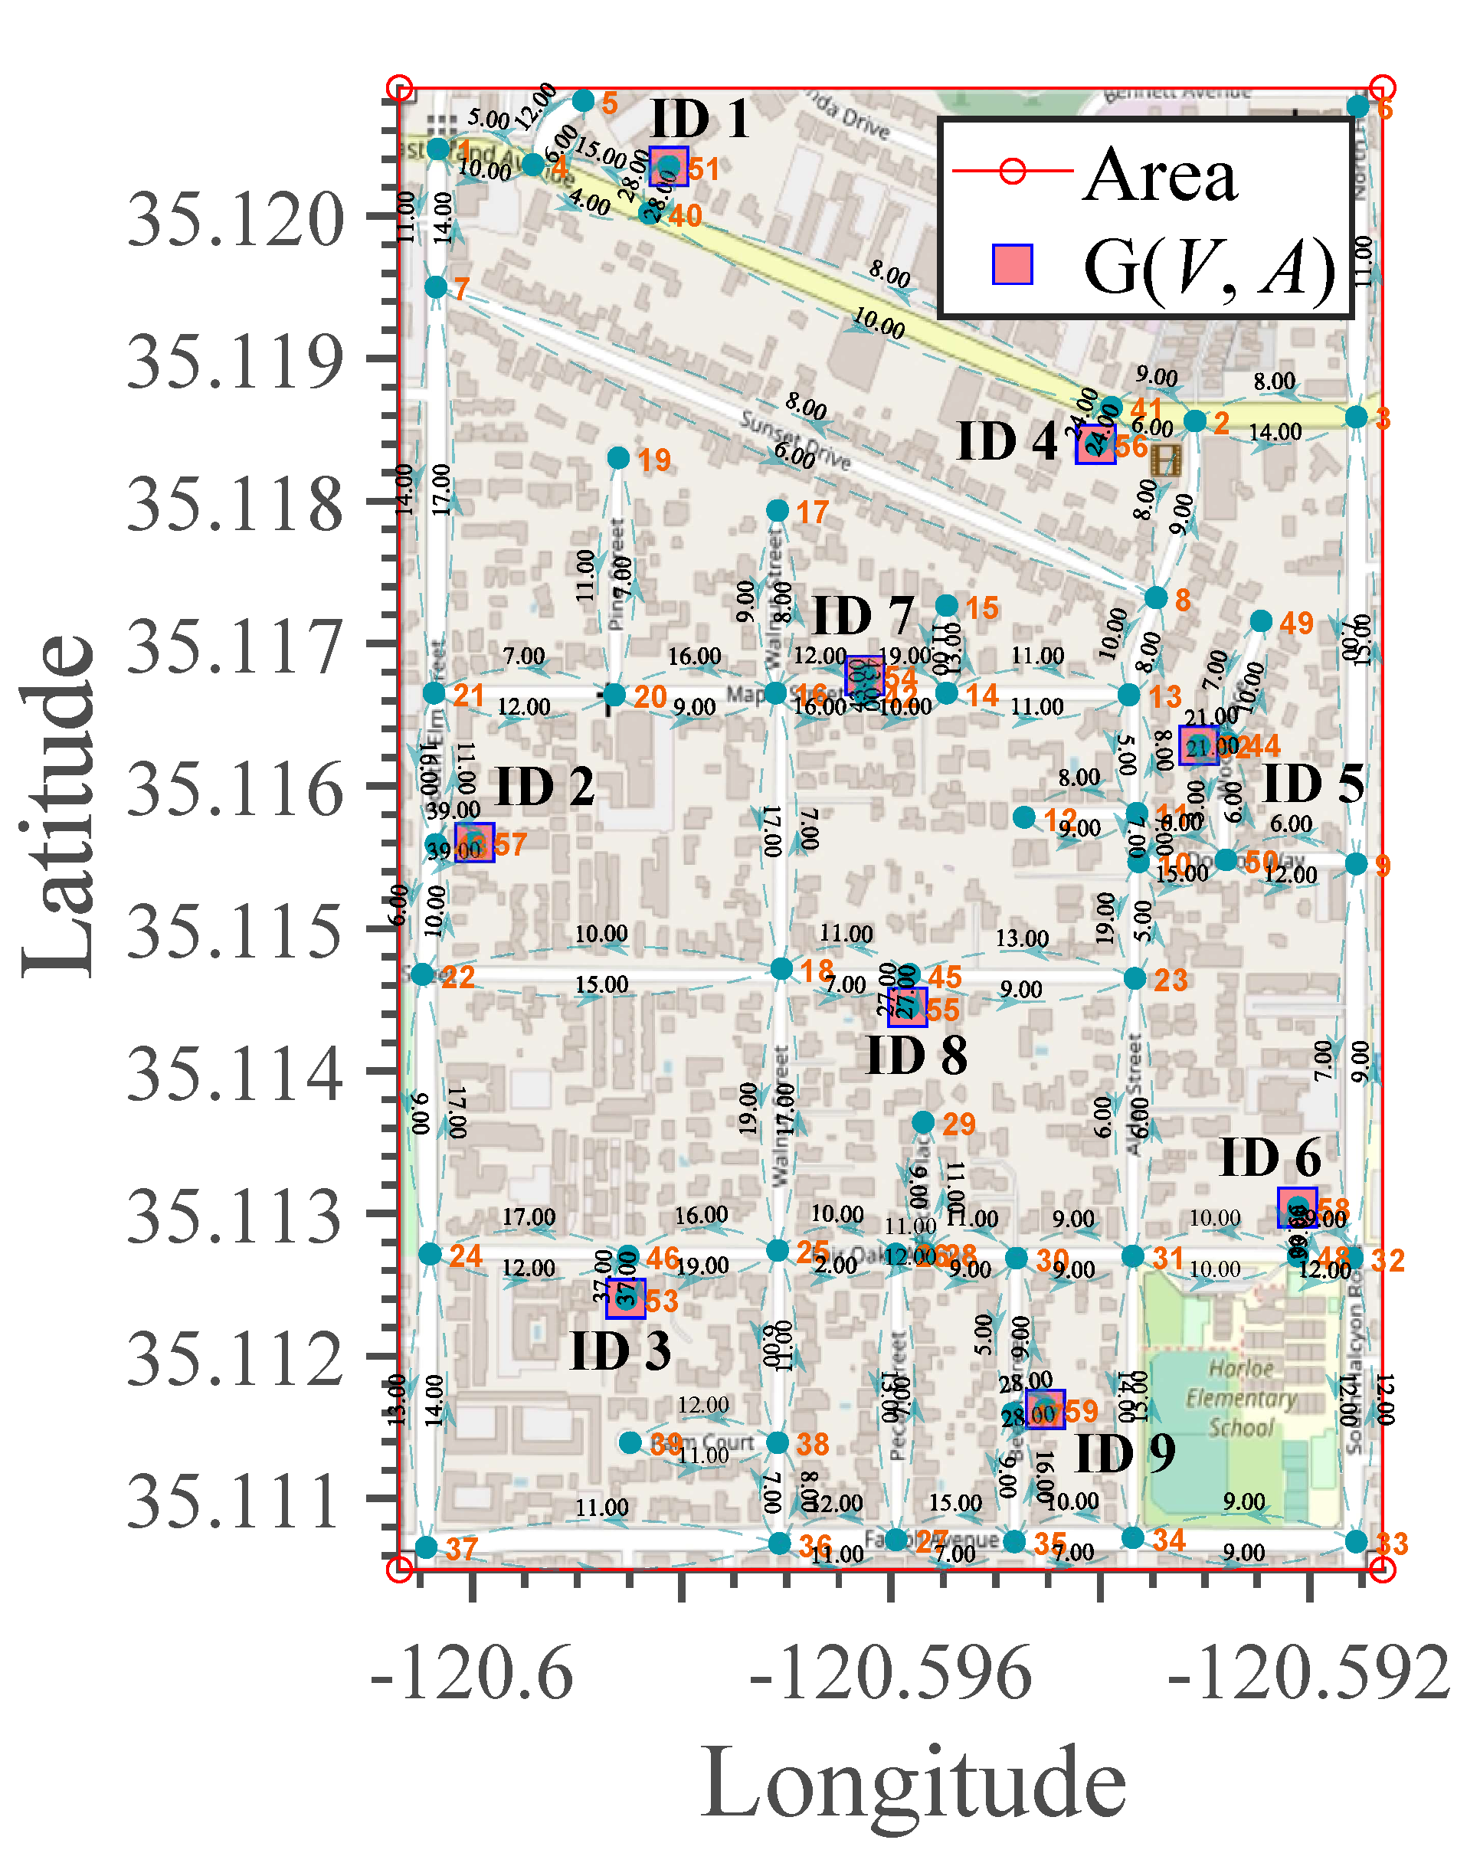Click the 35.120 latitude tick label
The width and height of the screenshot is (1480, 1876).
tap(236, 220)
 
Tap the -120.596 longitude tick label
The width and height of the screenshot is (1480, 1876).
tap(890, 1672)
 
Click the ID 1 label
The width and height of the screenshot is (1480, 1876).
tap(699, 119)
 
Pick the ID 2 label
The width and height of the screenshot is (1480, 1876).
tap(544, 787)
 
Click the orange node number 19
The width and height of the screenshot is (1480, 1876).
tap(654, 460)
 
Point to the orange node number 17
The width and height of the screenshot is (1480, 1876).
tap(812, 512)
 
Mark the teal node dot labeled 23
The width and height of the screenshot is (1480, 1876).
tap(1135, 978)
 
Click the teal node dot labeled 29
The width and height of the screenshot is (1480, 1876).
tap(923, 1123)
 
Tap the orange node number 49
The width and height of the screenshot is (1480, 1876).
tap(1295, 623)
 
